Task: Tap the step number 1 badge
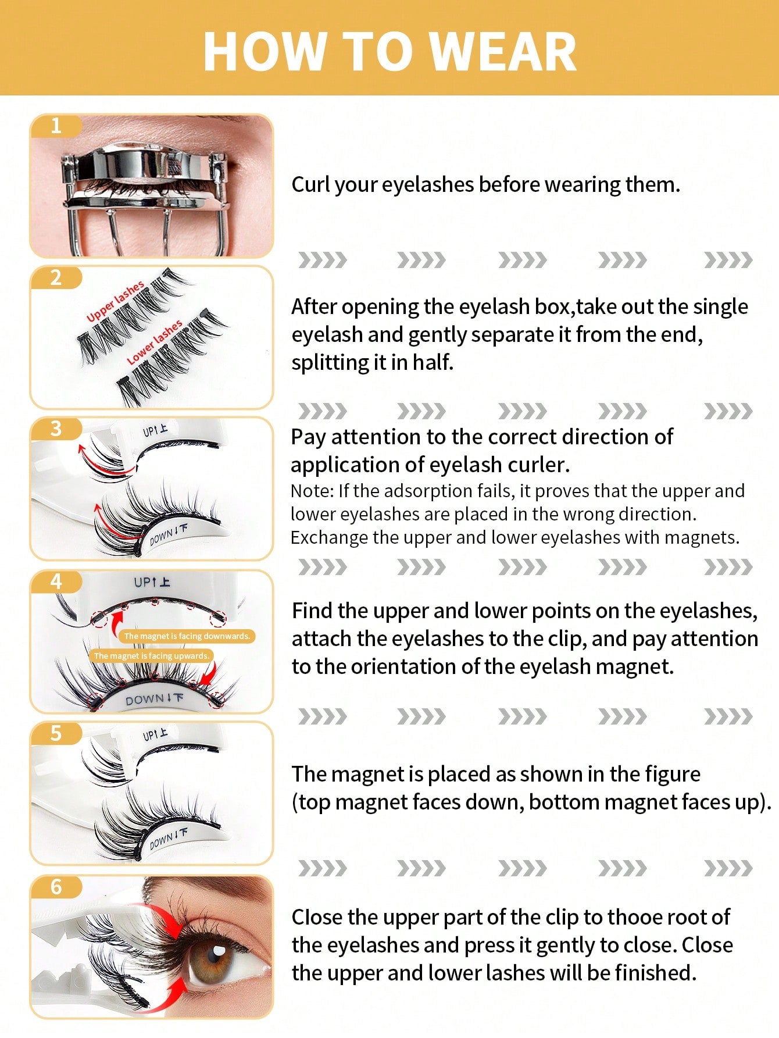pos(56,126)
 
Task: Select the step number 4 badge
pos(56,581)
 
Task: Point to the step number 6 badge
pos(56,886)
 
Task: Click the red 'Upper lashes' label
pos(115,301)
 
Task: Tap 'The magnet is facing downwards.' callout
pos(187,636)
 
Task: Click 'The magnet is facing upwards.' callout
pos(151,656)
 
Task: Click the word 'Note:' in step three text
pos(312,491)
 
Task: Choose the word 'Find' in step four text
pos(312,611)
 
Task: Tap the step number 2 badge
pos(56,277)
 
